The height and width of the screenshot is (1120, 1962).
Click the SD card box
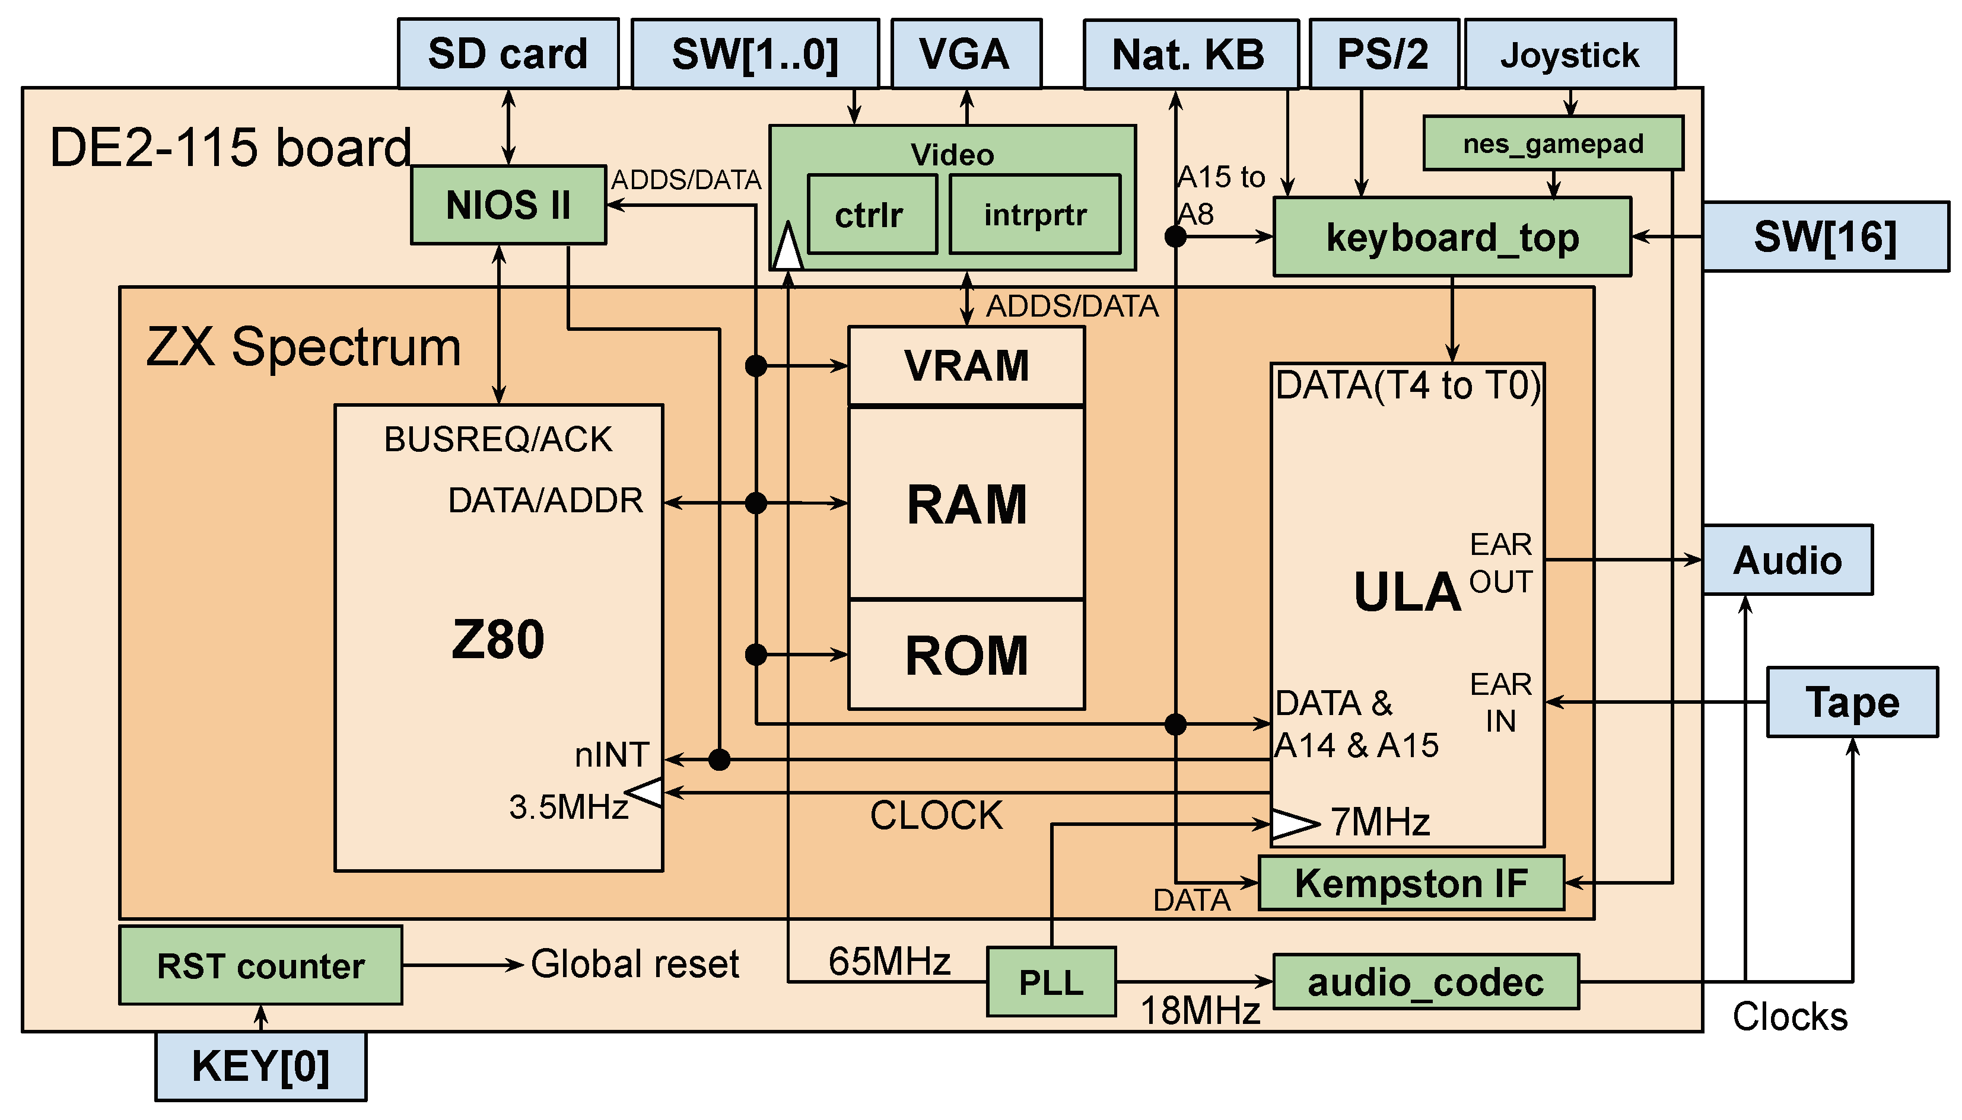[x=508, y=54]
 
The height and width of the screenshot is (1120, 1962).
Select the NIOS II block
[x=508, y=205]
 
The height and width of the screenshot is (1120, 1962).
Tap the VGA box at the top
[x=966, y=54]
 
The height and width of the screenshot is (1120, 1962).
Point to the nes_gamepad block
[x=1553, y=143]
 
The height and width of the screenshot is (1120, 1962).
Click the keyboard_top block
[x=1452, y=237]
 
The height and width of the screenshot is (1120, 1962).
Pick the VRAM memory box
[x=966, y=366]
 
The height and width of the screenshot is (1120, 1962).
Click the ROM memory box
[x=966, y=655]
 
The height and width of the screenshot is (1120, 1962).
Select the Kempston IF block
[x=1411, y=883]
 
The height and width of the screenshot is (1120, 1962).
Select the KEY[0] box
[x=260, y=1067]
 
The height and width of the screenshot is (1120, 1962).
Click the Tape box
[x=1852, y=703]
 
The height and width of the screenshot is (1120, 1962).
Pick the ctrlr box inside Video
[x=872, y=215]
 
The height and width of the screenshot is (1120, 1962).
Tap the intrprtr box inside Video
[x=1035, y=215]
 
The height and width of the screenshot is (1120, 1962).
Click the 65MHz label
[x=889, y=962]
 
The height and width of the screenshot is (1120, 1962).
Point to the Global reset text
[x=635, y=965]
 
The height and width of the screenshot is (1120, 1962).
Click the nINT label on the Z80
[x=612, y=755]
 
